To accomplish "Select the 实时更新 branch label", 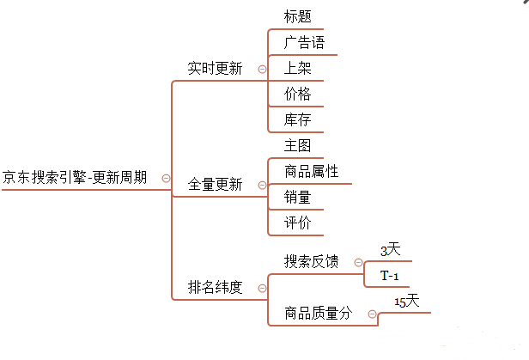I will (x=215, y=69).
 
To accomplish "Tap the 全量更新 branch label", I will (x=215, y=184).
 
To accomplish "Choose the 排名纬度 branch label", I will (x=215, y=287).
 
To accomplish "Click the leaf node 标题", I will (x=297, y=16).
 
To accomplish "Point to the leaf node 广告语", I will (x=304, y=42).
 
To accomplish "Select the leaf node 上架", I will (x=297, y=68).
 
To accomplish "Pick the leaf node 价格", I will (x=297, y=94).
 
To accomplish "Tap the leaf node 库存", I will (x=297, y=119).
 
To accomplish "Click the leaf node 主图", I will (x=297, y=145).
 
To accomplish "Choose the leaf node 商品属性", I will (x=311, y=172).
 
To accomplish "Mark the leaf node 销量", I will (x=297, y=198).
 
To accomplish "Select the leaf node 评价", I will (x=297, y=223).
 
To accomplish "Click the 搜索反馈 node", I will (x=311, y=261).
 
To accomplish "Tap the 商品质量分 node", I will (x=318, y=314).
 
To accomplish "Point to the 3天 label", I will (x=390, y=250).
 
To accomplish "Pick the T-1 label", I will (x=389, y=276).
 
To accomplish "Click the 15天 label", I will (x=406, y=302).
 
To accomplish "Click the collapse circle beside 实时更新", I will (x=262, y=69).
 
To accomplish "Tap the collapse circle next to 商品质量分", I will (x=372, y=314).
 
